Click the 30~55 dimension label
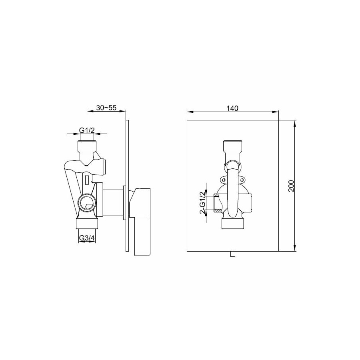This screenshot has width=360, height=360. pos(106,108)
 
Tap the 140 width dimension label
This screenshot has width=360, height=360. pos(232,108)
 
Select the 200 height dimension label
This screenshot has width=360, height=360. pos(291,186)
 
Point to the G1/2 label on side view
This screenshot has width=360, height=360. pos(87,130)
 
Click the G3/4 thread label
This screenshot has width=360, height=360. pos(87,238)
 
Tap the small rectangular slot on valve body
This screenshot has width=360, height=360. pos(87,180)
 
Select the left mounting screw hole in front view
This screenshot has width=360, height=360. pos(222,179)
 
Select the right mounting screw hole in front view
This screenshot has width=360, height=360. pos(241,179)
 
